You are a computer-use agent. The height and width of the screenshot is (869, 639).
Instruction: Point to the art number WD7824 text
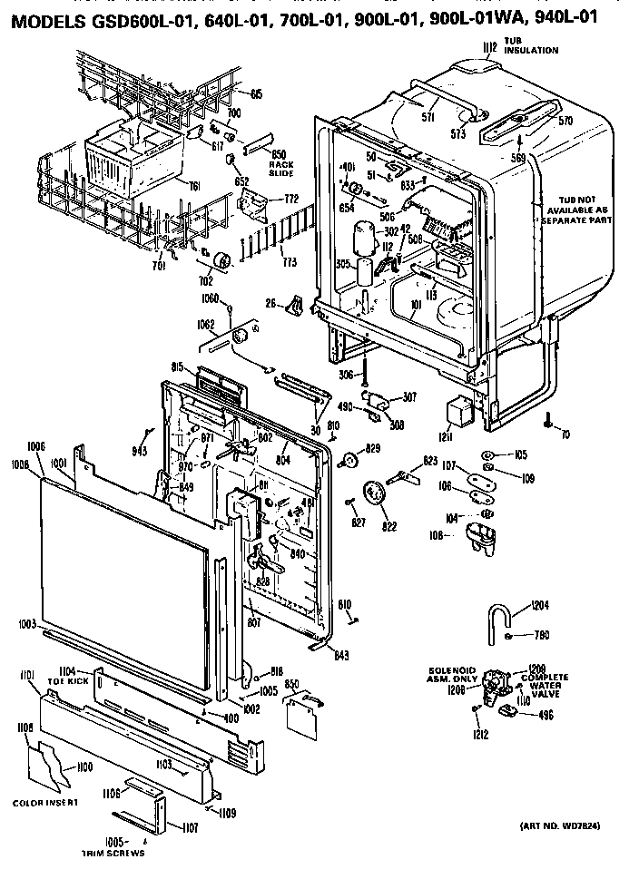click(561, 826)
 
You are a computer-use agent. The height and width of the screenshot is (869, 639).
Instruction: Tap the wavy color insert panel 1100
click(56, 768)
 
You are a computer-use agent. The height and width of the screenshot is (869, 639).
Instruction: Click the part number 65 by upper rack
click(256, 93)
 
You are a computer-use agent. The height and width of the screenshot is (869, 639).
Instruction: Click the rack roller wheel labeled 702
click(221, 264)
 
